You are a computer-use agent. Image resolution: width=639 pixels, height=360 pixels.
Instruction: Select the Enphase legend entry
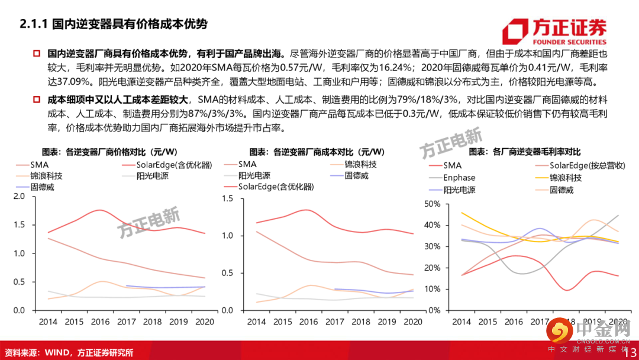coord(459,178)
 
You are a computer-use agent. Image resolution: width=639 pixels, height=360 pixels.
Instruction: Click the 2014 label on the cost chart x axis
coord(256,322)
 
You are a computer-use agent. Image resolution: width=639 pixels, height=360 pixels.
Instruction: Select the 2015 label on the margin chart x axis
coord(488,322)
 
